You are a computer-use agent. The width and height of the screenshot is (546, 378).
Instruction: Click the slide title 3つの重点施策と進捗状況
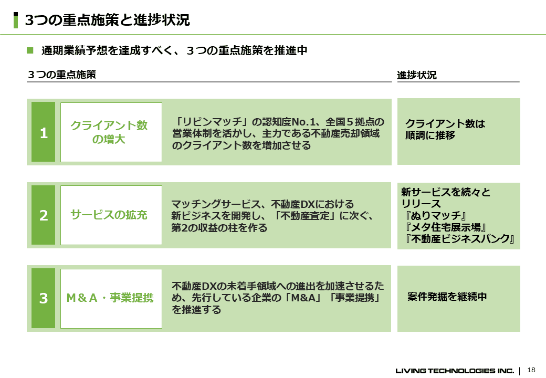click(x=107, y=20)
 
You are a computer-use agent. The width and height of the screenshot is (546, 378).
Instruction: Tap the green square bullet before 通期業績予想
click(x=30, y=50)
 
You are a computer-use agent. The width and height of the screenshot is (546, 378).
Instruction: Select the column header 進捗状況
click(x=417, y=75)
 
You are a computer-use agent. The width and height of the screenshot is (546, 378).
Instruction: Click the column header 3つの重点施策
click(x=61, y=75)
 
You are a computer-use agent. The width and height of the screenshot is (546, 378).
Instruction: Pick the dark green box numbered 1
click(x=43, y=132)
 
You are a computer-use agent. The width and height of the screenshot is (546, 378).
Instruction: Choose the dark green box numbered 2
click(x=43, y=215)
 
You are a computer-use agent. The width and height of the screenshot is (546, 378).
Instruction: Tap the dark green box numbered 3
click(x=43, y=298)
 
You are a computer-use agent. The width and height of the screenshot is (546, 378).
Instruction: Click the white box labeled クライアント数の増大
click(x=111, y=132)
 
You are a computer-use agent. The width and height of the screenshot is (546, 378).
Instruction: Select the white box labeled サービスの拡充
click(x=111, y=215)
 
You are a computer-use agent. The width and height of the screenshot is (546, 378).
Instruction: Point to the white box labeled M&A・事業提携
click(x=111, y=299)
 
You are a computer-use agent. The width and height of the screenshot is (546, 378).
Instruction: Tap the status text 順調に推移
click(x=430, y=135)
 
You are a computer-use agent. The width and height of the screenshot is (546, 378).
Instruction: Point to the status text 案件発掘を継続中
click(x=447, y=297)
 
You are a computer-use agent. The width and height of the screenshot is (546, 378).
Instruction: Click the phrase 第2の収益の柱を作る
click(x=219, y=228)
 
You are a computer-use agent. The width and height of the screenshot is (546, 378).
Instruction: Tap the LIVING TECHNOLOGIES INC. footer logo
click(x=455, y=371)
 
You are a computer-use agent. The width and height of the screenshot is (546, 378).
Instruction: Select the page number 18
click(x=531, y=370)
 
